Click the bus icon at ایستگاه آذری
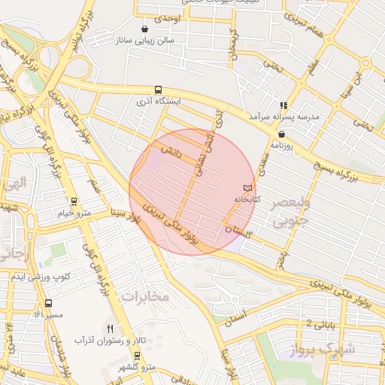[157, 89]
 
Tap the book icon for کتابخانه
[248, 187]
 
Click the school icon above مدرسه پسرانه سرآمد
[283, 105]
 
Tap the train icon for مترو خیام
[73, 202]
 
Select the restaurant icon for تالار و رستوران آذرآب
[110, 329]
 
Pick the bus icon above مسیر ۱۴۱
[48, 303]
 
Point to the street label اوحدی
[167, 17]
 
